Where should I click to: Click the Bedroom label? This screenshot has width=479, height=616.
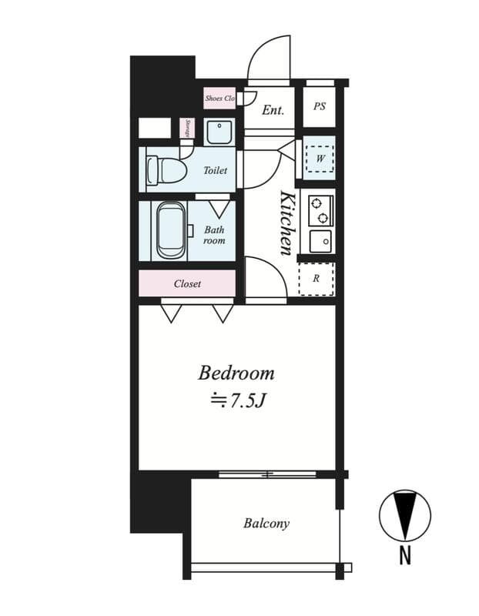(236, 373)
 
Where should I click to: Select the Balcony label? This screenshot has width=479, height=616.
(266, 524)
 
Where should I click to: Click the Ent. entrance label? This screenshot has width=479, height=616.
(273, 110)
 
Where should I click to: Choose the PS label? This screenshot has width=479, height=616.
(320, 106)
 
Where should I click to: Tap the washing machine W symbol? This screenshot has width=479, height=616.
(318, 159)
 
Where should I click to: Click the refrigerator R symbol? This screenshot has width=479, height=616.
(317, 279)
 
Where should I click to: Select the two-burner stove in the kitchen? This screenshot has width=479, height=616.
(320, 209)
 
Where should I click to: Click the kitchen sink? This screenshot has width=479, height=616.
(320, 241)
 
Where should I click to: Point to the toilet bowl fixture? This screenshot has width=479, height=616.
(166, 169)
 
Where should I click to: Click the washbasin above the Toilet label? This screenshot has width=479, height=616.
(219, 132)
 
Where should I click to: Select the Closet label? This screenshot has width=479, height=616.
(187, 283)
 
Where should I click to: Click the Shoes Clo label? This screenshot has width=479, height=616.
(219, 99)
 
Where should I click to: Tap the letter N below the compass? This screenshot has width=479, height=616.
(404, 554)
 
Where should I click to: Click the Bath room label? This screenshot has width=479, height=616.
(214, 235)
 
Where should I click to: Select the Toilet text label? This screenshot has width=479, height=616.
(215, 170)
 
